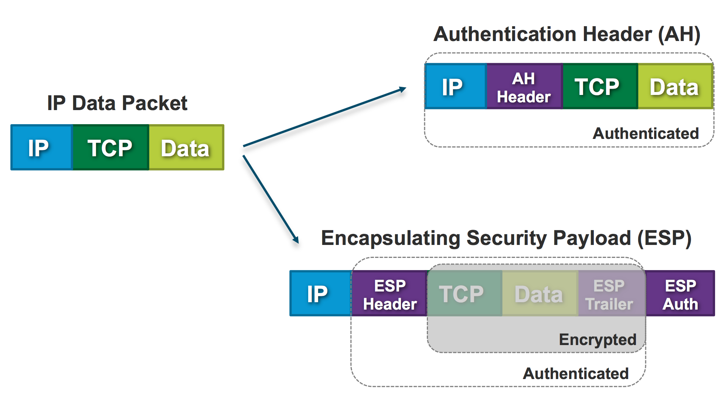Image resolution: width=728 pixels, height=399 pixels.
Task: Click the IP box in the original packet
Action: point(42,147)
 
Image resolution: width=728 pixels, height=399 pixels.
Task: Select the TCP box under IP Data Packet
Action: point(111,147)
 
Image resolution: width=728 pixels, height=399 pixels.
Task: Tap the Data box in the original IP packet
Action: point(187,147)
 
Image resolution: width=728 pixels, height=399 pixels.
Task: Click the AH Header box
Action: point(525,86)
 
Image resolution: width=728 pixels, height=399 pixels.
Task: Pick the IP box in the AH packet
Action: point(456,86)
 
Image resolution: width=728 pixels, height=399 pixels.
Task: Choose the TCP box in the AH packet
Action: point(601,86)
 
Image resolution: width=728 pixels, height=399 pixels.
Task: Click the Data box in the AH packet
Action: point(676,86)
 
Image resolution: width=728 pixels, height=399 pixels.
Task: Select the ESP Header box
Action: point(389,293)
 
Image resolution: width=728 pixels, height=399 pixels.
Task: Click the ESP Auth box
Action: point(680,293)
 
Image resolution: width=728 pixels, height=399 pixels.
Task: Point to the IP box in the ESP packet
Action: point(321,293)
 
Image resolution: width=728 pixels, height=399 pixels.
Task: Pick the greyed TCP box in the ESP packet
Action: point(465,293)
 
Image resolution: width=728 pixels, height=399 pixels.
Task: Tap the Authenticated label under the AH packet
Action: point(646,133)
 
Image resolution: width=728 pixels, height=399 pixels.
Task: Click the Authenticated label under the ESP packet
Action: point(576,374)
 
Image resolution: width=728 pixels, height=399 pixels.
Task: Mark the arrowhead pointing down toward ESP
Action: point(296,240)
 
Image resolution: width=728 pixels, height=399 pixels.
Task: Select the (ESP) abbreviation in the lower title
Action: point(664,238)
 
